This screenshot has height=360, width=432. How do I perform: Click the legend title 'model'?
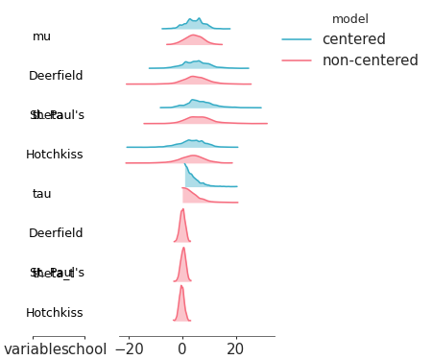349,19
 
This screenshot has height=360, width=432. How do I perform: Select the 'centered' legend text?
353,39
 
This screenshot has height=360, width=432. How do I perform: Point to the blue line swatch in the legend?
297,39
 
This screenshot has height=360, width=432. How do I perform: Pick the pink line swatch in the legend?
297,60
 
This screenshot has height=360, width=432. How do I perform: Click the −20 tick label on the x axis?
130,349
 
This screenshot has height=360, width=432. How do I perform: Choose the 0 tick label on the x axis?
182,349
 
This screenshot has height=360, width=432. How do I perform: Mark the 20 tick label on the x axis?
234,349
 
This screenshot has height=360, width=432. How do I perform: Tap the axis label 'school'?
84,349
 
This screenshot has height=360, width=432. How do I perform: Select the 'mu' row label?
41,36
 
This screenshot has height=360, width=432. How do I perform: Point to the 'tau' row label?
41,194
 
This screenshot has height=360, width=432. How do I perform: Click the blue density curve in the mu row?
194,22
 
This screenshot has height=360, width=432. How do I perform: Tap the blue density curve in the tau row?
191,178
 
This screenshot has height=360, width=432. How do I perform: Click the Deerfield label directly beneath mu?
56,76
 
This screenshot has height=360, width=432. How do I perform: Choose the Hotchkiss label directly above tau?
55,155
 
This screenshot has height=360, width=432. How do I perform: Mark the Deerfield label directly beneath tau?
56,233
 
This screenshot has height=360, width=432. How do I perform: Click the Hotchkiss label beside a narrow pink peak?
55,313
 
